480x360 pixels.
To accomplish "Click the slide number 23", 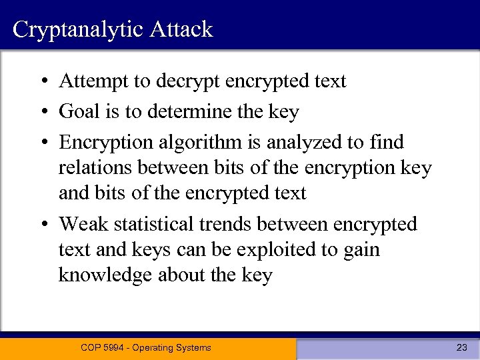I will pos(461,347).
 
